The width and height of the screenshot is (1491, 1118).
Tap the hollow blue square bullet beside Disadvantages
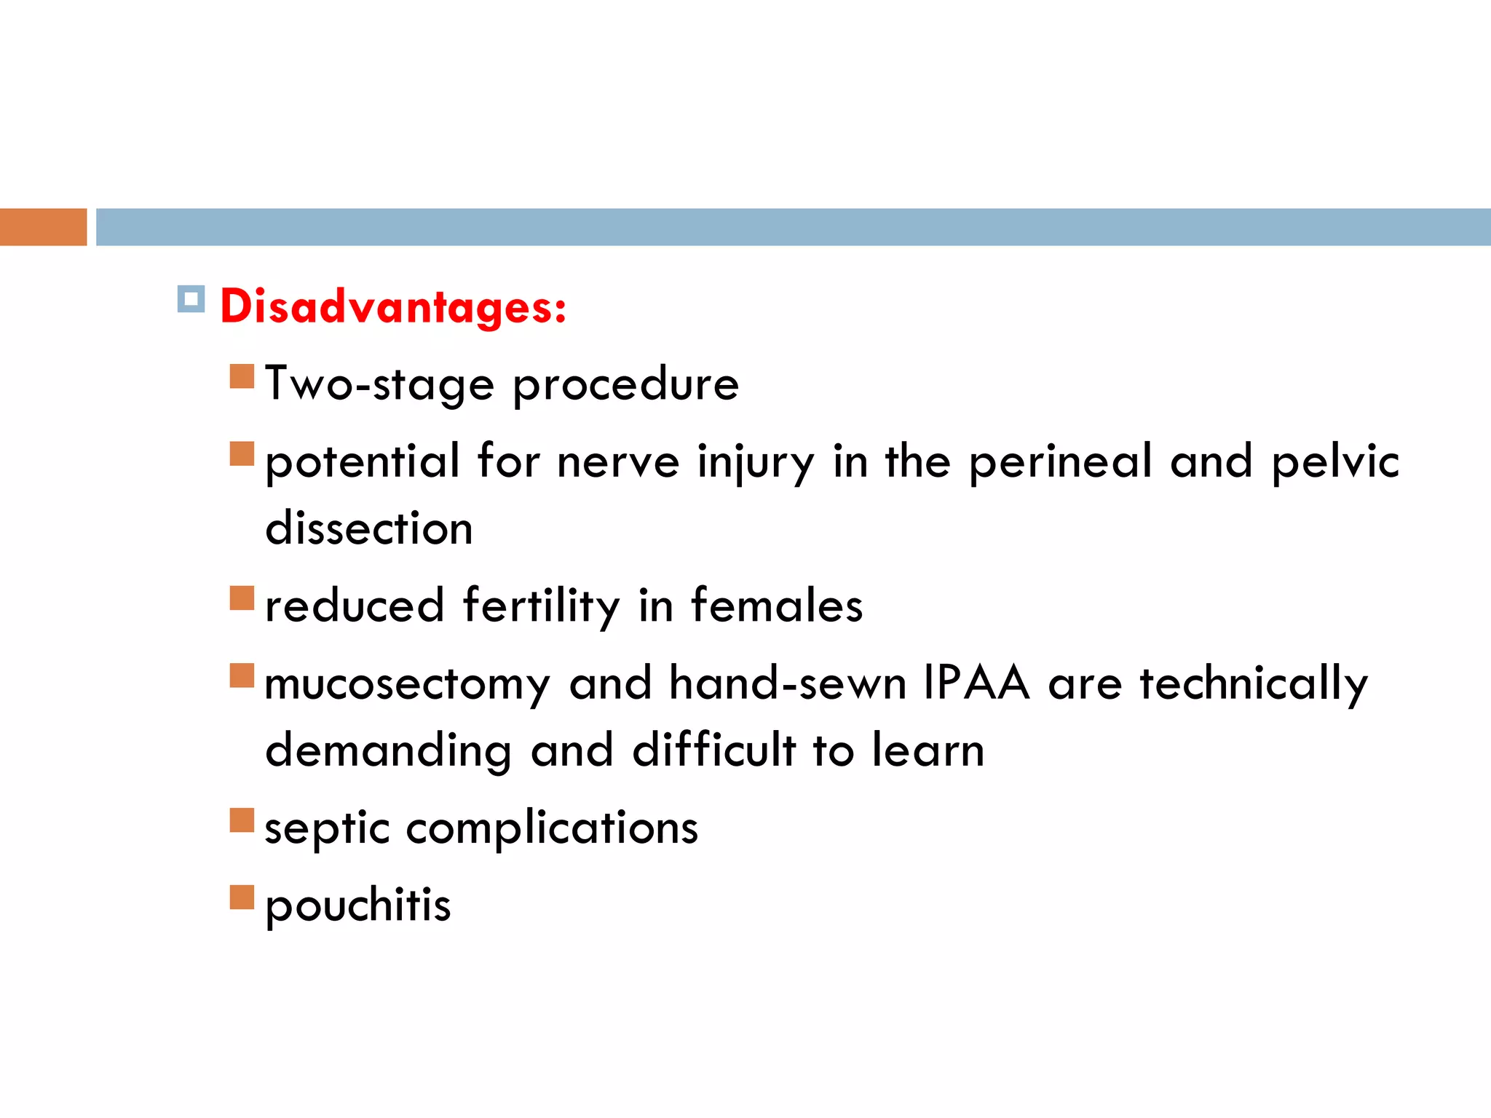[x=191, y=298]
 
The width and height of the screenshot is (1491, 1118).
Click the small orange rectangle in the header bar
[x=43, y=227]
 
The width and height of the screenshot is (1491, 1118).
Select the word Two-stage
[x=379, y=384]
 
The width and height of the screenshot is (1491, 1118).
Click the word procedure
[x=625, y=384]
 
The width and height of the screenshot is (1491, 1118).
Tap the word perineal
[x=1060, y=462]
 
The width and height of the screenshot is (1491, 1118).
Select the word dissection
[x=369, y=528]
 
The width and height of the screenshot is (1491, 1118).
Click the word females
[x=776, y=606]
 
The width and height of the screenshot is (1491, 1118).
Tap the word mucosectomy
[x=407, y=685]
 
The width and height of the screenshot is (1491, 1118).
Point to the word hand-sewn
[x=787, y=683]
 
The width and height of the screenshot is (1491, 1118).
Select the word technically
[x=1254, y=685]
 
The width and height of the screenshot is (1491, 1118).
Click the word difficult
[x=713, y=750]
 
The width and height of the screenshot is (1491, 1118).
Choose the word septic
[x=327, y=829]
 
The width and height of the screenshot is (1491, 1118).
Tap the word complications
[x=552, y=829]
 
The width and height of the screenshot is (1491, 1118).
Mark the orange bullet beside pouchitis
[x=242, y=897]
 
